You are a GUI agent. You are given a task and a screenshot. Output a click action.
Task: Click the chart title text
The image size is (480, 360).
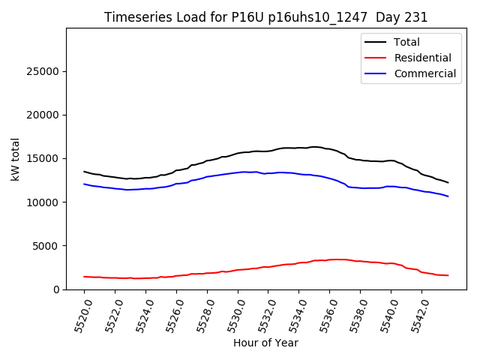(x=266, y=17)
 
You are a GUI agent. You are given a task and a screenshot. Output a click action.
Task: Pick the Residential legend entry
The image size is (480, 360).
(x=422, y=58)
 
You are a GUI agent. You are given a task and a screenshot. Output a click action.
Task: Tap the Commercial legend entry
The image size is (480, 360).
(x=424, y=73)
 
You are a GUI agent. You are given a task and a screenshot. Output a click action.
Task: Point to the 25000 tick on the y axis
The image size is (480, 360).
(x=43, y=71)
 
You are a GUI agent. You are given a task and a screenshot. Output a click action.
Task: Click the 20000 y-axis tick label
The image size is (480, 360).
(x=43, y=115)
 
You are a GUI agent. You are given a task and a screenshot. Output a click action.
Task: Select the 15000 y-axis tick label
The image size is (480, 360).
(x=43, y=158)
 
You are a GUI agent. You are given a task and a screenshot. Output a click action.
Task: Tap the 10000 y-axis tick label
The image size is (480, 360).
(x=43, y=202)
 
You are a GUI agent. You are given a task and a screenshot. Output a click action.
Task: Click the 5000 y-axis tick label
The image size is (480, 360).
(x=46, y=245)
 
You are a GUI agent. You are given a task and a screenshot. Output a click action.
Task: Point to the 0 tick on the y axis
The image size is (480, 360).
(x=57, y=289)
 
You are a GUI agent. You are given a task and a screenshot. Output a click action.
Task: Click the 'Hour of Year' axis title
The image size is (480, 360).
(x=265, y=343)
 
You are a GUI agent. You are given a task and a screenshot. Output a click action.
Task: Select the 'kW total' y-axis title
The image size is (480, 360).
(x=15, y=159)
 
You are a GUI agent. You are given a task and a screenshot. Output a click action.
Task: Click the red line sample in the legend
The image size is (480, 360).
(x=376, y=58)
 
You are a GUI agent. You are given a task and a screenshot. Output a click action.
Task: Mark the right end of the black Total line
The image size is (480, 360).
(x=448, y=183)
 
